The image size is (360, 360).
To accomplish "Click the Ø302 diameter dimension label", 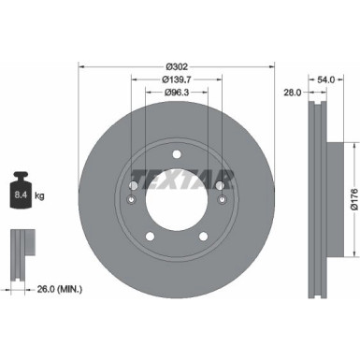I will [177, 66].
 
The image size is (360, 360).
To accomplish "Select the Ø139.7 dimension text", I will [177, 81].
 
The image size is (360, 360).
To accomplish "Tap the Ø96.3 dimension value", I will [177, 94].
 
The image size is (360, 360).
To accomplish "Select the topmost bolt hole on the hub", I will [177, 150].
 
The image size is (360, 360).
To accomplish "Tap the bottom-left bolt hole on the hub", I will [149, 237].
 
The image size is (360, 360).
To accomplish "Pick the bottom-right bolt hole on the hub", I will [206, 237].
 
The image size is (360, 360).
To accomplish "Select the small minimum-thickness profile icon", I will [18, 246].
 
